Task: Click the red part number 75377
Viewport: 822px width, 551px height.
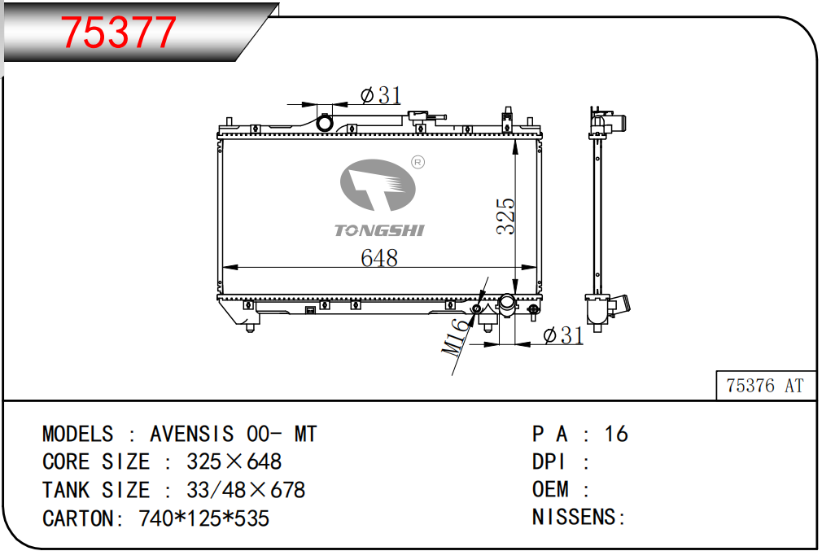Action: (x=119, y=32)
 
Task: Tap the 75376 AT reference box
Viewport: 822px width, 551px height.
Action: (x=766, y=386)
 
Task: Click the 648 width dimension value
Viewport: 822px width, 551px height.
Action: (x=379, y=258)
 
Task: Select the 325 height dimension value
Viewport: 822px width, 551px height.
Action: (x=506, y=216)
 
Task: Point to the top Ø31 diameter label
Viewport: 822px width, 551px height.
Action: (x=381, y=95)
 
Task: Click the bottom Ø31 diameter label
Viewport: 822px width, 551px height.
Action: (x=563, y=335)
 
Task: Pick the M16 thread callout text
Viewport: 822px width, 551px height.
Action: (x=455, y=337)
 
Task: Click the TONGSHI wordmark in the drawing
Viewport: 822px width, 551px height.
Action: (x=379, y=230)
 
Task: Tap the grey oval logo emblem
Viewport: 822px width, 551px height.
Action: (x=378, y=185)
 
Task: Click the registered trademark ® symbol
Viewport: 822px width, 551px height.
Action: (x=418, y=163)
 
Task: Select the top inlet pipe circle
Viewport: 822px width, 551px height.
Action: (x=325, y=124)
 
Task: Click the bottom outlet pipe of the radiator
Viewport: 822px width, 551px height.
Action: (x=507, y=305)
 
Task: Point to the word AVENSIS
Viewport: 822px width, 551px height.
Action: (x=192, y=434)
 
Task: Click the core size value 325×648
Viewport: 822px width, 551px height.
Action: (x=234, y=461)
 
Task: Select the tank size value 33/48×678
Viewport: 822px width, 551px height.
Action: (x=245, y=490)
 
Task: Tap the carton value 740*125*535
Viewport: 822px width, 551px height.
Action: (x=204, y=518)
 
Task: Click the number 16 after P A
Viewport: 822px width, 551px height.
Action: (x=616, y=434)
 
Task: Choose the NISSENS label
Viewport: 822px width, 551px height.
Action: (x=579, y=518)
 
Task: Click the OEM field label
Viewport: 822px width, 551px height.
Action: (x=550, y=489)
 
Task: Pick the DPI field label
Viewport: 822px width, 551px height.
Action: (x=549, y=461)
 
